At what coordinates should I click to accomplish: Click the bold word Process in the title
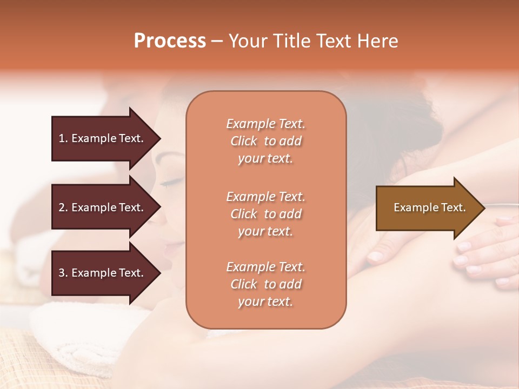(170, 41)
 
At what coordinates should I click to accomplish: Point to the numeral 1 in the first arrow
(62, 138)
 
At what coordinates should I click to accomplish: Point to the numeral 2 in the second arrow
(62, 207)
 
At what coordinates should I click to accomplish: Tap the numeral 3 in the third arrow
(62, 273)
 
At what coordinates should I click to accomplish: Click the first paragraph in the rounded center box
(266, 141)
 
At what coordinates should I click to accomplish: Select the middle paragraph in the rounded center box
(266, 214)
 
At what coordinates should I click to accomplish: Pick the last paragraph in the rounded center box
(266, 284)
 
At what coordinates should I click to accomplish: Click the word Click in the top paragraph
(244, 142)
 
